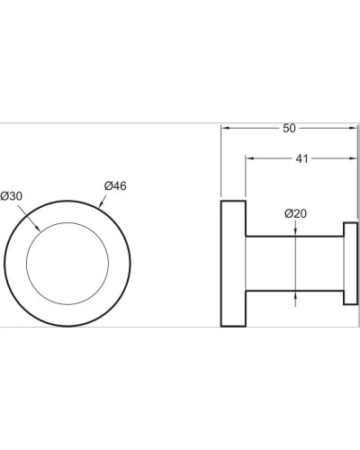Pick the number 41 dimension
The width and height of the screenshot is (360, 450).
[x=302, y=159]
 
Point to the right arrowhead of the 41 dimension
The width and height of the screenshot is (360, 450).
[x=355, y=160]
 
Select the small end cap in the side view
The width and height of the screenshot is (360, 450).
[x=351, y=264]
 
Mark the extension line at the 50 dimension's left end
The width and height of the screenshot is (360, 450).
[x=221, y=162]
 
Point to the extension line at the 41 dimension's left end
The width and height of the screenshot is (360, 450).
[x=247, y=189]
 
